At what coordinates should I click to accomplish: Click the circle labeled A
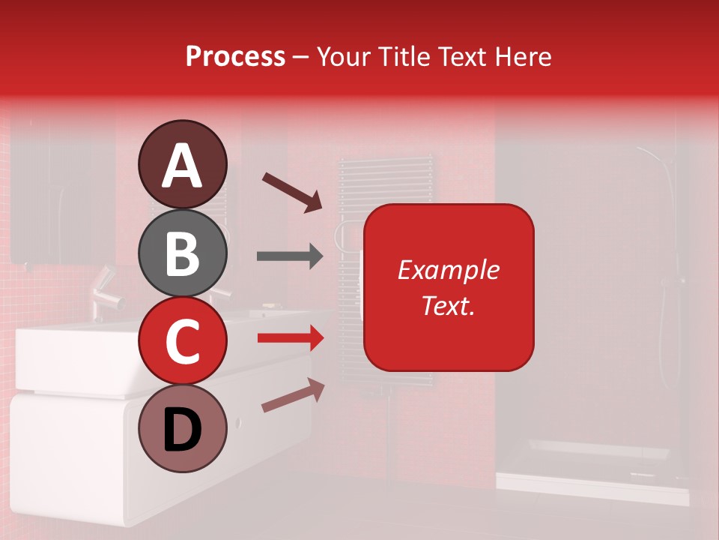point(182,165)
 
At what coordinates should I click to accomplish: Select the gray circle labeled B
point(182,253)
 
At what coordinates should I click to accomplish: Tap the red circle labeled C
point(182,340)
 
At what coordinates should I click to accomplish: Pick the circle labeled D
point(182,429)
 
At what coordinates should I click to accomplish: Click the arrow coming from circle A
point(291,190)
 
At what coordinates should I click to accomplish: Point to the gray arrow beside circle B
point(290,256)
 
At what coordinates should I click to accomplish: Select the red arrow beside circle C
point(290,338)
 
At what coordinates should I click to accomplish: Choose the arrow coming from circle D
point(293,395)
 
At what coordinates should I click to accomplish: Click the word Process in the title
point(235,57)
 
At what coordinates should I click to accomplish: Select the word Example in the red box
point(448,270)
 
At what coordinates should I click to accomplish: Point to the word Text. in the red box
point(448,305)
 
